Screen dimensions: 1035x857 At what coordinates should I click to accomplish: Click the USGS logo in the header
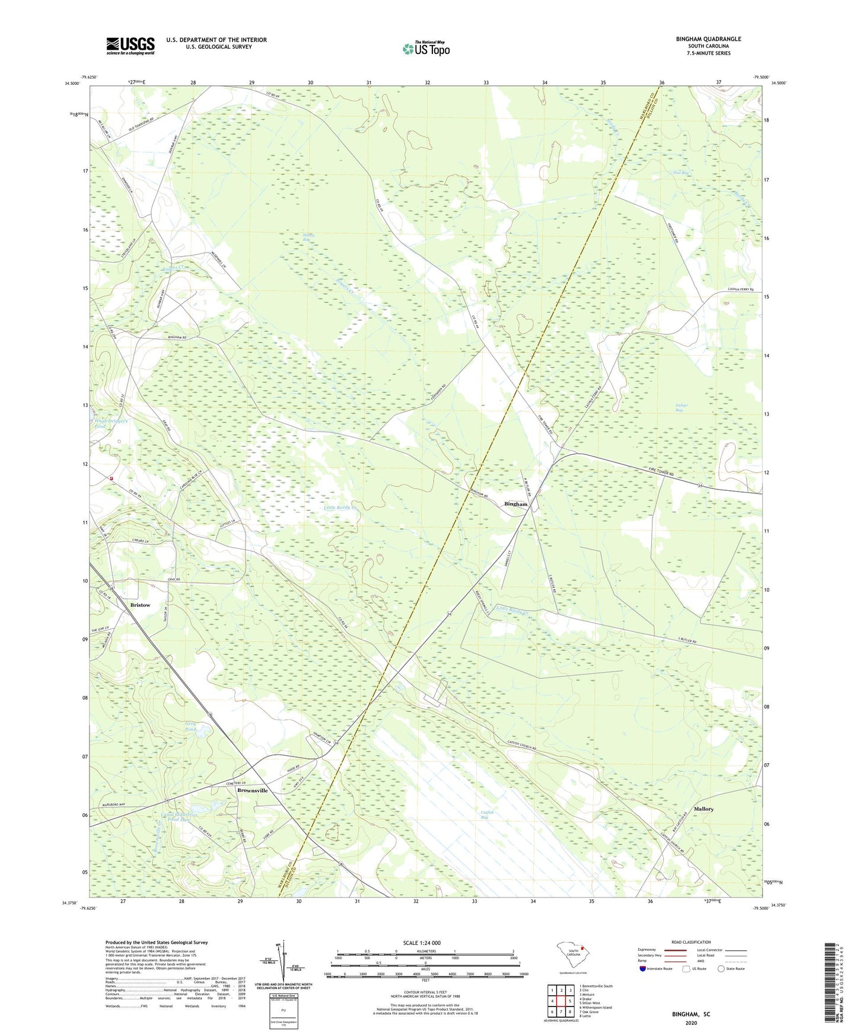pos(130,46)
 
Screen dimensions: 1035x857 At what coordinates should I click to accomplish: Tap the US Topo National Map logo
pos(425,49)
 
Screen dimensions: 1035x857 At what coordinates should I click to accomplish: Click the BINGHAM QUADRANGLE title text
pos(708,39)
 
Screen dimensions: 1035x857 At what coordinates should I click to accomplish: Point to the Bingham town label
pos(515,504)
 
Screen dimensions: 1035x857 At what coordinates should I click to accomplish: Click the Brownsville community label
pos(252,790)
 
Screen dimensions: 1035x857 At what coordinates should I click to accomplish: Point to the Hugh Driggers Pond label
pos(111,423)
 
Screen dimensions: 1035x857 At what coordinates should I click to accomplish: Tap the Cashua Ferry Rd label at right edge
pos(743,289)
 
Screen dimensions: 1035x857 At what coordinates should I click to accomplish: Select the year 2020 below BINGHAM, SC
pos(691,1023)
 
